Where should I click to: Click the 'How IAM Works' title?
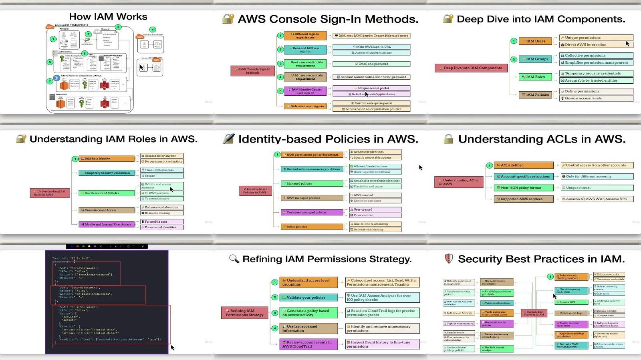(x=108, y=17)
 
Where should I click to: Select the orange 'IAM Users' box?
(x=535, y=41)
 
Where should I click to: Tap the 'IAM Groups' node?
(x=535, y=59)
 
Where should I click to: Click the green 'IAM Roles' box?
(x=535, y=77)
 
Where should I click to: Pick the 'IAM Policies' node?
(x=535, y=95)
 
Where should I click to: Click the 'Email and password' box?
(x=371, y=64)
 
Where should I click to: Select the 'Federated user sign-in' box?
(x=305, y=107)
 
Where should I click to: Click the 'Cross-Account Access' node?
(x=107, y=210)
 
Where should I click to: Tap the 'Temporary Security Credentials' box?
(x=107, y=173)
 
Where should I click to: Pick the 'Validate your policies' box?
(x=308, y=298)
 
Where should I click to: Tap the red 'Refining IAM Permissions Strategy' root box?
(x=244, y=313)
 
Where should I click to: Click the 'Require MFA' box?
(x=571, y=302)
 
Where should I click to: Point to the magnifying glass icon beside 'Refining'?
(x=234, y=259)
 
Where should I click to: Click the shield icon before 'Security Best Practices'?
(x=449, y=259)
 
